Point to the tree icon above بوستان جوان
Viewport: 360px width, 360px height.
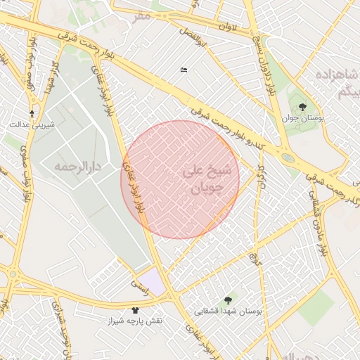tap(302, 107)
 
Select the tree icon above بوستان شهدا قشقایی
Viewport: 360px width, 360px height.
tap(227, 300)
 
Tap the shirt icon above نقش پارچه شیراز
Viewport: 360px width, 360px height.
tap(136, 309)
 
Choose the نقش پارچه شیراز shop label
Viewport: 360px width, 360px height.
tap(135, 321)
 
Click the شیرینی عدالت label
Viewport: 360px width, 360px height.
tap(29, 124)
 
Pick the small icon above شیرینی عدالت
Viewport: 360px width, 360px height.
tap(32, 113)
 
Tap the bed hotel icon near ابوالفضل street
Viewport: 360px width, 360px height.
tap(184, 70)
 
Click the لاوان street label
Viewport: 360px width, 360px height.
tap(239, 27)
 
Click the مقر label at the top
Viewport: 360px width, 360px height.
tap(143, 15)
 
